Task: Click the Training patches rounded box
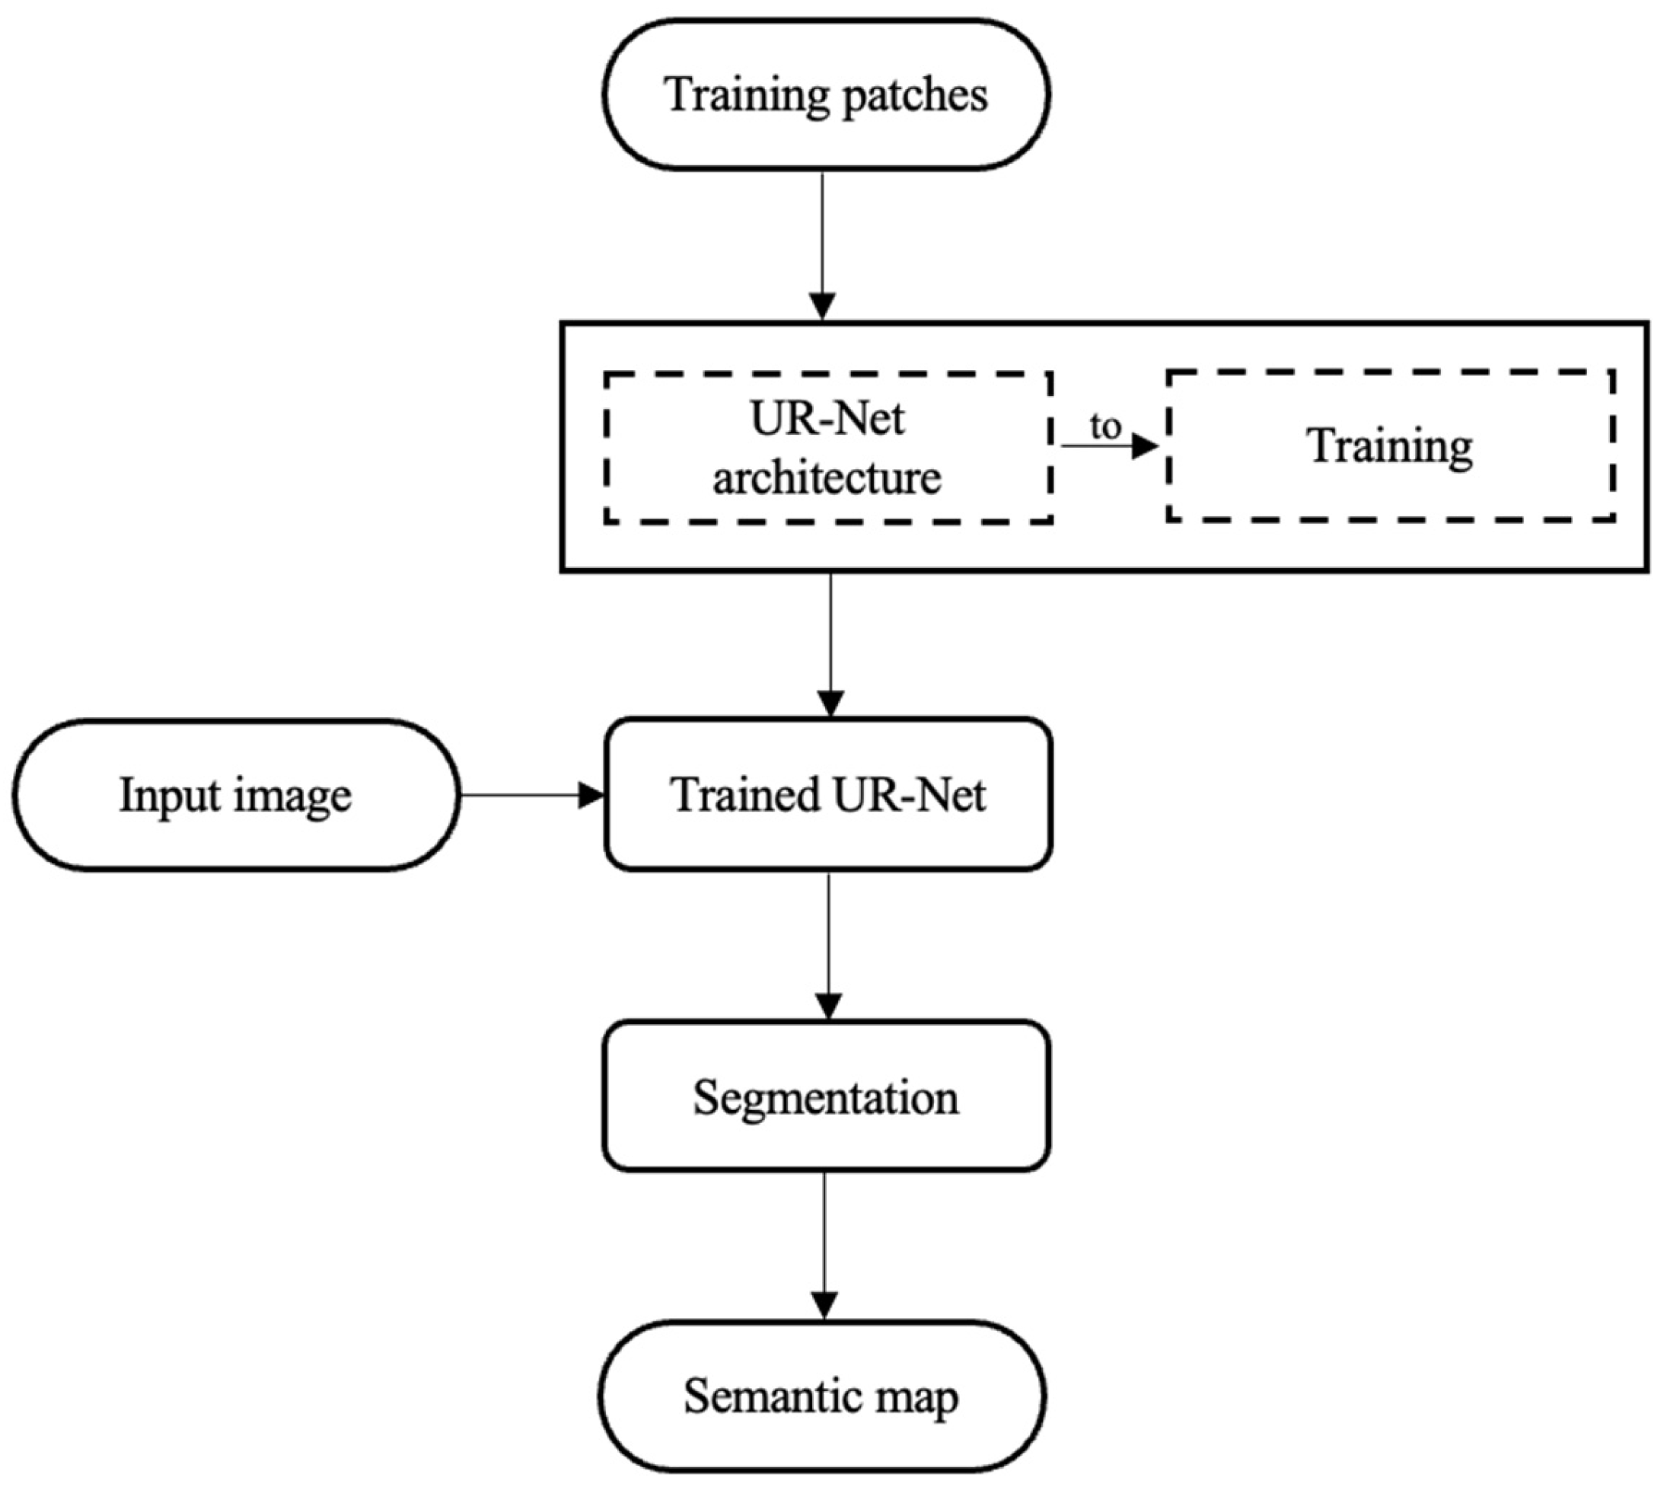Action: [826, 94]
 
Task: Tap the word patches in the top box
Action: [914, 96]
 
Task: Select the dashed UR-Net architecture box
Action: [827, 447]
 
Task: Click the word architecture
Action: [827, 477]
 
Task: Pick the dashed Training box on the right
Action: [1390, 445]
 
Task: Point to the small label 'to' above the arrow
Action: [1105, 426]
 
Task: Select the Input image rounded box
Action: [236, 795]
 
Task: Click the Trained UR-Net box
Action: [827, 794]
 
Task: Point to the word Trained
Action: [745, 794]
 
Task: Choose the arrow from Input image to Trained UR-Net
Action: [531, 795]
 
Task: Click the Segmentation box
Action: [826, 1096]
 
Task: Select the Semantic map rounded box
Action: [821, 1396]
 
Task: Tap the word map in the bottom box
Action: [917, 1398]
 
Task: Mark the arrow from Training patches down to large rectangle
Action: [823, 245]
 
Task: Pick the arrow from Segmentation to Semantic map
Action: [825, 1246]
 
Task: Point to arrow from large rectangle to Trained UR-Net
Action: [830, 645]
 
